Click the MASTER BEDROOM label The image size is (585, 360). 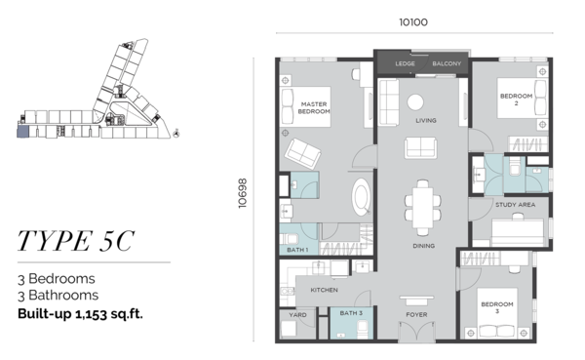(314, 107)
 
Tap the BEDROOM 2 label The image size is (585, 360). (516, 100)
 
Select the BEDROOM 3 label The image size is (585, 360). (497, 307)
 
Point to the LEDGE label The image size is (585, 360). (405, 63)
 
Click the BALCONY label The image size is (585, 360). (447, 63)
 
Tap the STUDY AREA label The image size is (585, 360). (515, 205)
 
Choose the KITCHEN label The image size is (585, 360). (325, 290)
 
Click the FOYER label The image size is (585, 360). (416, 315)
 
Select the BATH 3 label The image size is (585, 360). (351, 313)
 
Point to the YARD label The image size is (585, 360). (297, 315)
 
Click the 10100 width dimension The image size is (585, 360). (413, 22)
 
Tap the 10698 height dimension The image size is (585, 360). (243, 193)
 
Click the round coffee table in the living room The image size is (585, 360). (415, 101)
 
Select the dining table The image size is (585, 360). (423, 208)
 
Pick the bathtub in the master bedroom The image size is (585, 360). (361, 197)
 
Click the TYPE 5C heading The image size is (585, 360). (76, 241)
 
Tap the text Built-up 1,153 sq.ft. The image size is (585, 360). (80, 314)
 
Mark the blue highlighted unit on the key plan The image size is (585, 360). (22, 132)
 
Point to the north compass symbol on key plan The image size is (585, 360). (176, 133)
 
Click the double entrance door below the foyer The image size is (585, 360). (416, 331)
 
